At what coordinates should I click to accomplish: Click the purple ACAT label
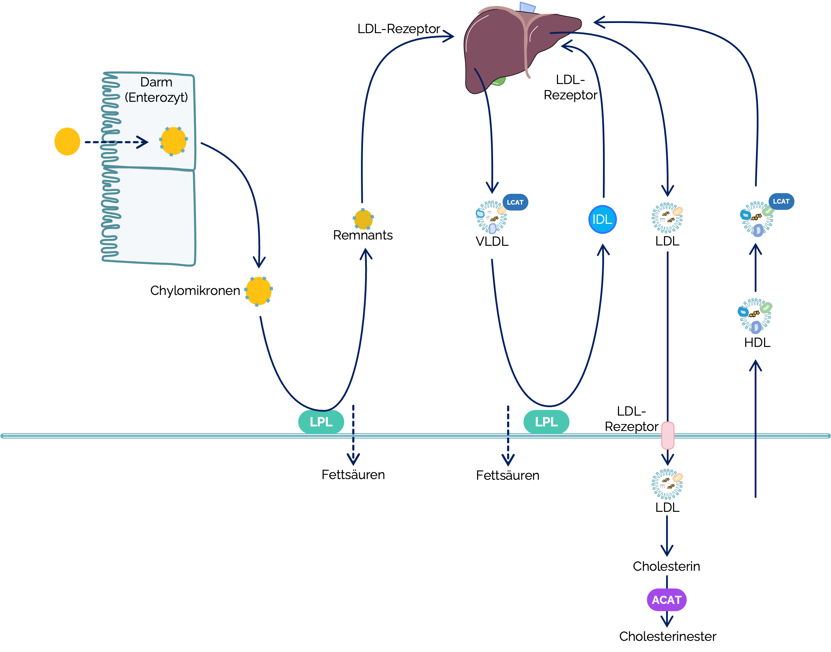point(666,600)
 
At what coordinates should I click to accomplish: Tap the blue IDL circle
point(602,220)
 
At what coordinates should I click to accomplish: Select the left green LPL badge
point(321,422)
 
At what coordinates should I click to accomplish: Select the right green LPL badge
point(546,422)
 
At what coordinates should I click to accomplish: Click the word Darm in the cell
point(156,82)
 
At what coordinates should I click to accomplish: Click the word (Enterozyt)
point(156,97)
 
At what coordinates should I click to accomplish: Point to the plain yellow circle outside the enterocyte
point(67,142)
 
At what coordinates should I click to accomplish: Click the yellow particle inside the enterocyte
point(173,141)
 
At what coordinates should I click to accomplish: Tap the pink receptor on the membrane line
point(668,435)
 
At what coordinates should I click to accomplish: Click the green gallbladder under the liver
point(498,81)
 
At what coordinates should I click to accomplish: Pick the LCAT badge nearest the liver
point(515,202)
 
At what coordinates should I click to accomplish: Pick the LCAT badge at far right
point(781,201)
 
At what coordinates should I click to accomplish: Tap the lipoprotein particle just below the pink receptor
point(667,484)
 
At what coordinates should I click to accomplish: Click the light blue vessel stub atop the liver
point(528,7)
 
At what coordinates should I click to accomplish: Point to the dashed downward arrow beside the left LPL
point(354,435)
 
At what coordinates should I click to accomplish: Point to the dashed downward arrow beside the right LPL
point(508,435)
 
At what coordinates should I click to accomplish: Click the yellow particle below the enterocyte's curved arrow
point(258,291)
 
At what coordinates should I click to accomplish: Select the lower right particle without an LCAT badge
point(755,316)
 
